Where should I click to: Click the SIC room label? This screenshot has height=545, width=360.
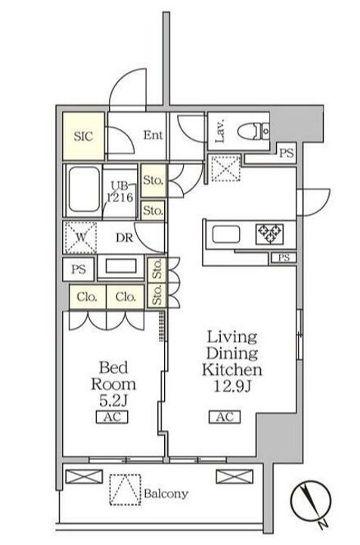pos(83,135)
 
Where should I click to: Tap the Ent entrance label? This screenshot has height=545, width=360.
pos(153,135)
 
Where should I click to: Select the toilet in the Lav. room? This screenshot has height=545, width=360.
pos(254,132)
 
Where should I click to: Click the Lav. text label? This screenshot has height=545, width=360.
pos(220,131)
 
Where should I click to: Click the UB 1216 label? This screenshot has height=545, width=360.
pos(119,192)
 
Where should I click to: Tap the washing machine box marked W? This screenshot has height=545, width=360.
pos(81,238)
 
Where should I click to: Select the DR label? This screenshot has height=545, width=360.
pos(124,238)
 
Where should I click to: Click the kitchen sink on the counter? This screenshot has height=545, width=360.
pos(226,234)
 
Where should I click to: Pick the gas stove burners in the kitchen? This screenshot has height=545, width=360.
pos(269,233)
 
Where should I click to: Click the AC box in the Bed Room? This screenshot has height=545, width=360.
pos(112,417)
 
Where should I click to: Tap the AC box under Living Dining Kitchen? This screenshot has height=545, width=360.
pos(225,417)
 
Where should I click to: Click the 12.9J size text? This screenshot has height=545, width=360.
pos(232,387)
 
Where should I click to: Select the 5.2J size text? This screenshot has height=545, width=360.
pos(113,401)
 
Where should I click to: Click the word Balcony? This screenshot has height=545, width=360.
pos(166,494)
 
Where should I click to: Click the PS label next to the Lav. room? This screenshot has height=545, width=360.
pos(287,153)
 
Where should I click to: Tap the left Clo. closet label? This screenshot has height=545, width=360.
pos(86,297)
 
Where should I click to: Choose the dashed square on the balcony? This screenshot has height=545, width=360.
pos(126,490)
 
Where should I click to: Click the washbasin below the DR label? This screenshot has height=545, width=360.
pos(120,266)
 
